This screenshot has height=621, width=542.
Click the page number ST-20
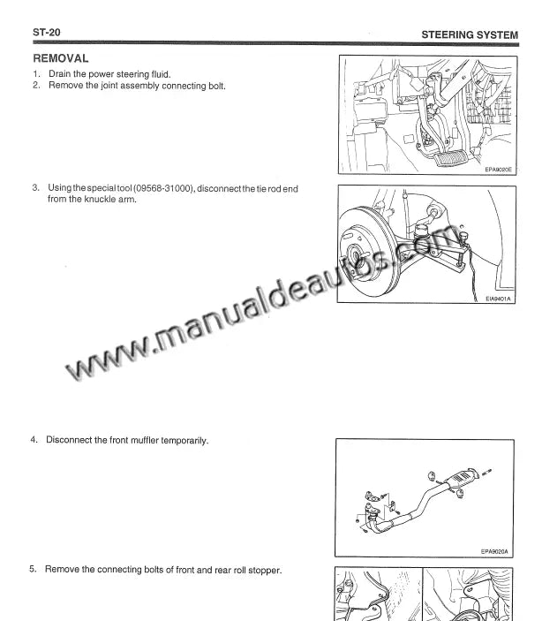[46, 32]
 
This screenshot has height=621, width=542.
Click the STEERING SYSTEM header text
[470, 34]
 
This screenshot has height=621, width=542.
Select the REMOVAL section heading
[61, 58]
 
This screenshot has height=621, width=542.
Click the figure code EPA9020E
[498, 170]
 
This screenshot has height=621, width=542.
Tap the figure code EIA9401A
[498, 299]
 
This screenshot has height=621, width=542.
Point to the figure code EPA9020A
[494, 551]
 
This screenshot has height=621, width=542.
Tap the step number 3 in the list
[35, 187]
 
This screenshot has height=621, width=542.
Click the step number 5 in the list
[33, 569]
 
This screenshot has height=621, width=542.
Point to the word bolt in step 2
[217, 86]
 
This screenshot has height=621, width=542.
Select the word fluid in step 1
[161, 74]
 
